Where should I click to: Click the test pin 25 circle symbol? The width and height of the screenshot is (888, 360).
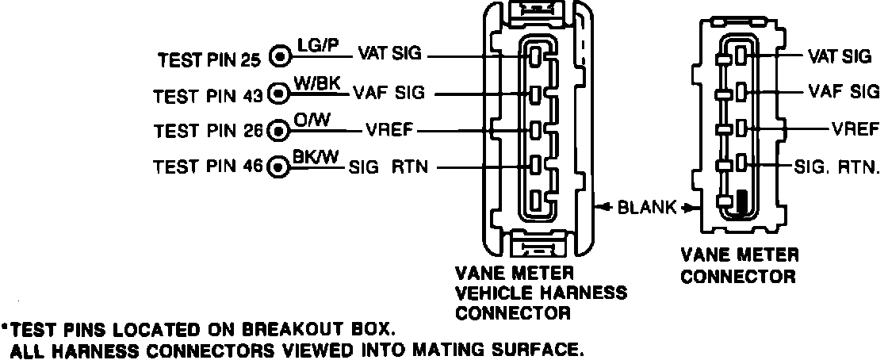279,58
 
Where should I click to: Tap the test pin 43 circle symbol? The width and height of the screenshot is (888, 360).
278,94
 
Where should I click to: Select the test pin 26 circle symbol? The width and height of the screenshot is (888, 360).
278,130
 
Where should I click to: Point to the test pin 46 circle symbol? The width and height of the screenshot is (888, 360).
278,167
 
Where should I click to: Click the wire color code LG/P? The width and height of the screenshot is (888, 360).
316,46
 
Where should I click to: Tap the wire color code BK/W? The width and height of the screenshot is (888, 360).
316,156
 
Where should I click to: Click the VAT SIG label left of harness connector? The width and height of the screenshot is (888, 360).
390,56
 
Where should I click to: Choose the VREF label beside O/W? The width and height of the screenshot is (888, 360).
390,129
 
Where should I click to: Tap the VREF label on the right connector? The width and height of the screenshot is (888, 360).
855,129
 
